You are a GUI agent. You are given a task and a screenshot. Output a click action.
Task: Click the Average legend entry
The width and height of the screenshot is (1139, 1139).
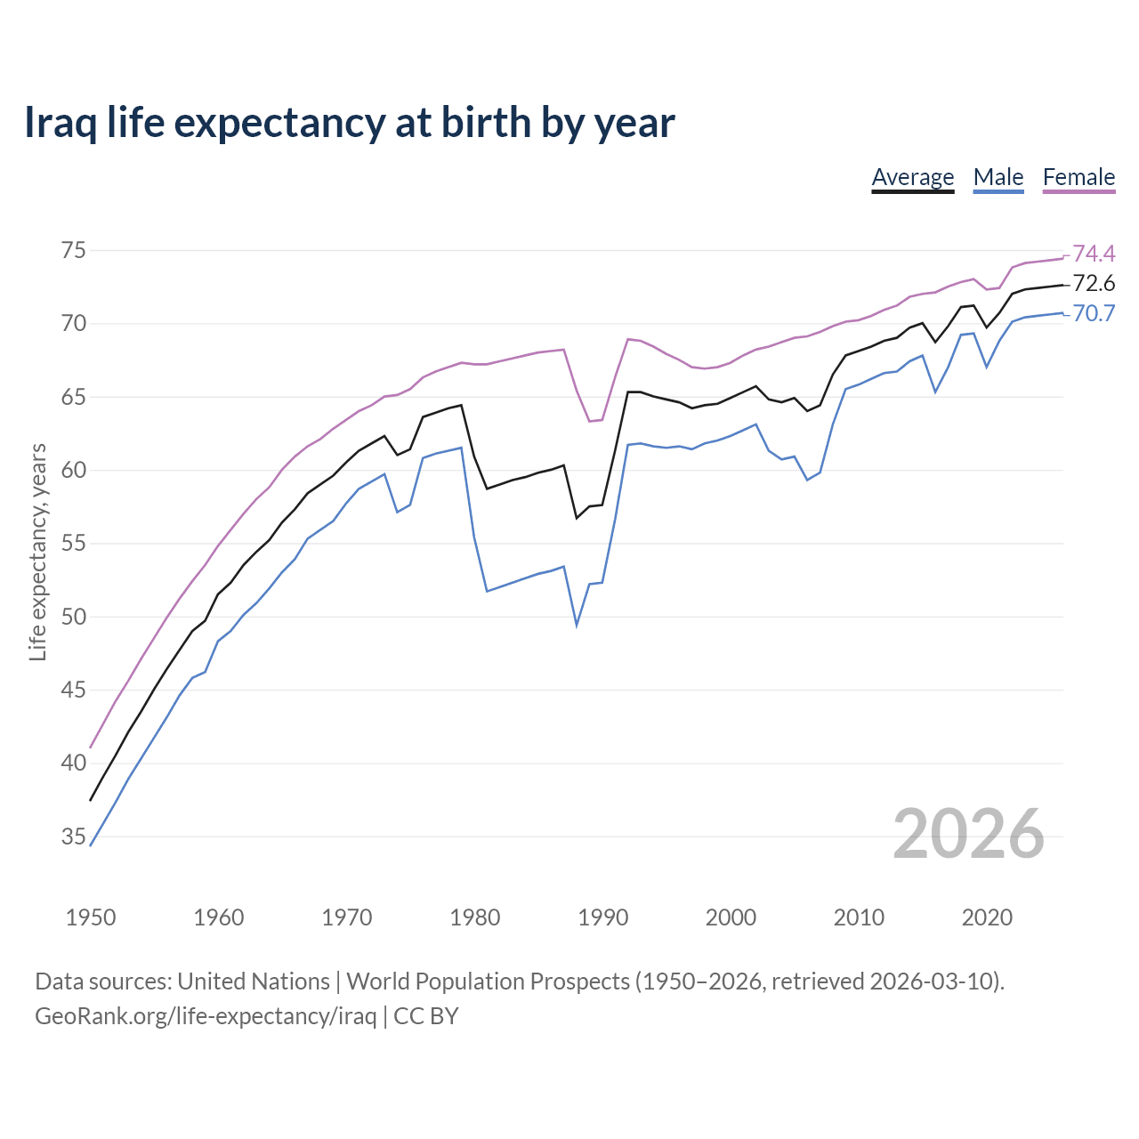click(912, 177)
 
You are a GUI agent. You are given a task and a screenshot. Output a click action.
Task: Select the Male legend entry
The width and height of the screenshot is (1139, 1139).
click(998, 177)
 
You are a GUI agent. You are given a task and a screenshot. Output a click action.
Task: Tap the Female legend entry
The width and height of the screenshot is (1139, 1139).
click(1078, 177)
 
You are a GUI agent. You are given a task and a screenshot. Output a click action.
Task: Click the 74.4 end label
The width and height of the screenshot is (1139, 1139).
click(1094, 254)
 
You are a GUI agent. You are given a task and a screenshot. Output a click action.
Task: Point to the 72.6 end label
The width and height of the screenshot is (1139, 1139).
click(1094, 284)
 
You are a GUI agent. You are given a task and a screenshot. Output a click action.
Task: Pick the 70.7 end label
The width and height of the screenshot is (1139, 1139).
click(1094, 313)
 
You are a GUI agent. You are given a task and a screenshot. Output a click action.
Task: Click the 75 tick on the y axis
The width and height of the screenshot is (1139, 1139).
click(74, 251)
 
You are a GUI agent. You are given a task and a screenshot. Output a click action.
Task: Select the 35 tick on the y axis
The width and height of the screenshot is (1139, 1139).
click(74, 836)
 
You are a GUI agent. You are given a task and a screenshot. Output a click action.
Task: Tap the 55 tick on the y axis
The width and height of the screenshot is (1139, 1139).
click(74, 544)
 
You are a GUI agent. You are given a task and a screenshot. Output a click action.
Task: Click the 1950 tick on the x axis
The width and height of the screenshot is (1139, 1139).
click(91, 917)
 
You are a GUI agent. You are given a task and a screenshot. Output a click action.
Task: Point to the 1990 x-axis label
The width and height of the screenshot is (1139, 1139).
click(602, 917)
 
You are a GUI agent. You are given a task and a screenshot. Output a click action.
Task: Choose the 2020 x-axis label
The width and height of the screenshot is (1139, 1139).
click(987, 917)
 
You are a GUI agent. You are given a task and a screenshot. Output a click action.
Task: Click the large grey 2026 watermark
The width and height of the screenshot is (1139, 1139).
click(968, 834)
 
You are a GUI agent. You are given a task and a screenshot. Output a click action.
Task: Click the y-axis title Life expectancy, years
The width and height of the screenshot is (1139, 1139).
click(38, 552)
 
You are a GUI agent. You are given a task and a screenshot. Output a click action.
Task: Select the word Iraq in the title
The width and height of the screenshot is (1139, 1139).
click(60, 123)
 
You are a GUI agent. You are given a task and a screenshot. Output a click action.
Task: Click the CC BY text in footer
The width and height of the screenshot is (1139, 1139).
click(426, 1016)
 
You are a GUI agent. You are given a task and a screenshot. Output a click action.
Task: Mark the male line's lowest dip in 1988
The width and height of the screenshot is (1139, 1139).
click(577, 625)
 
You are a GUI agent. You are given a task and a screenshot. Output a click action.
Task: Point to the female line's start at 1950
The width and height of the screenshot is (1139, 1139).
click(91, 747)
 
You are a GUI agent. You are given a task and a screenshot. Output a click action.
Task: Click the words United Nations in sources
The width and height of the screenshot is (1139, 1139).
click(254, 981)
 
